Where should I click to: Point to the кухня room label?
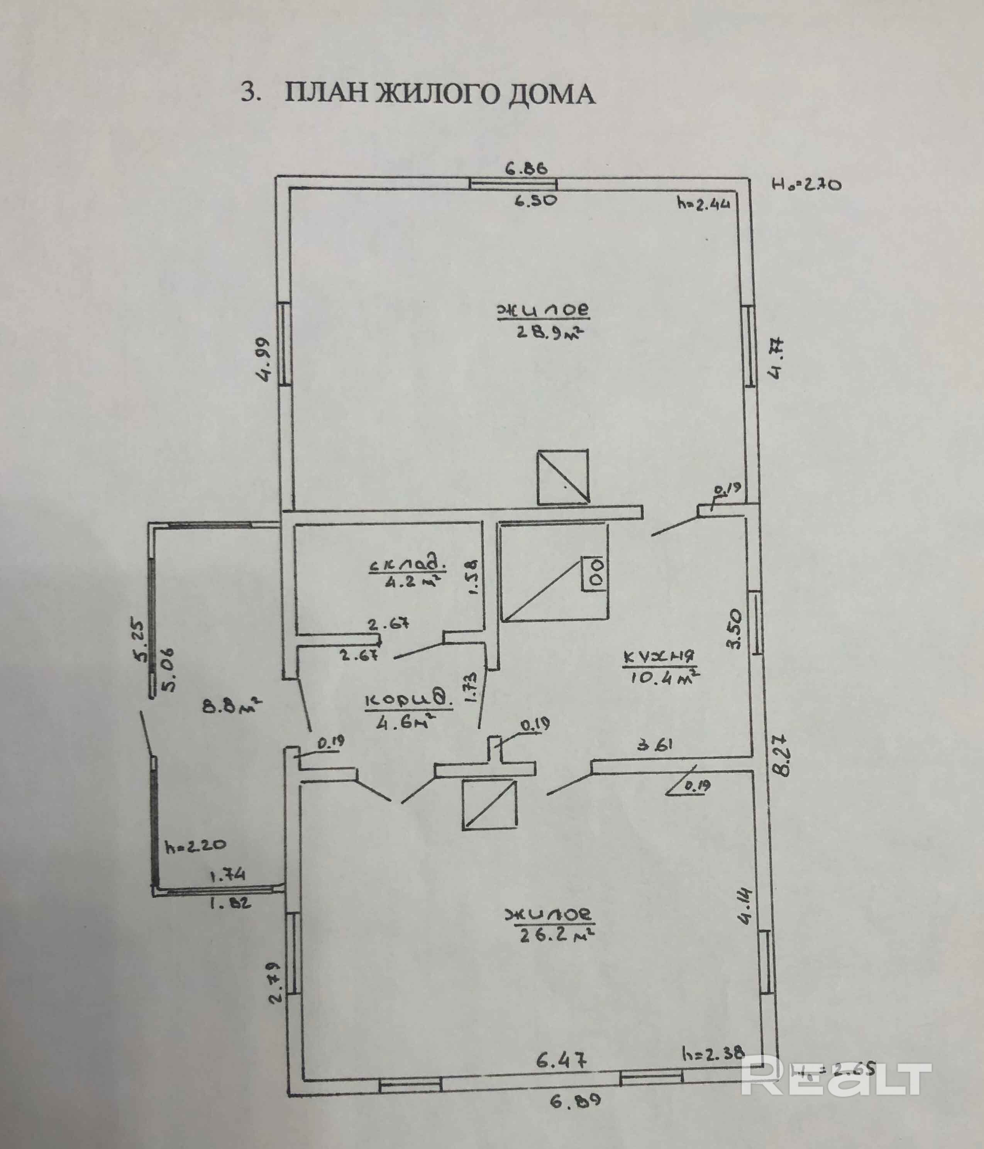[659, 657]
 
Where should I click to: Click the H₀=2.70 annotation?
[807, 184]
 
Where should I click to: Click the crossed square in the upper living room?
[562, 477]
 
